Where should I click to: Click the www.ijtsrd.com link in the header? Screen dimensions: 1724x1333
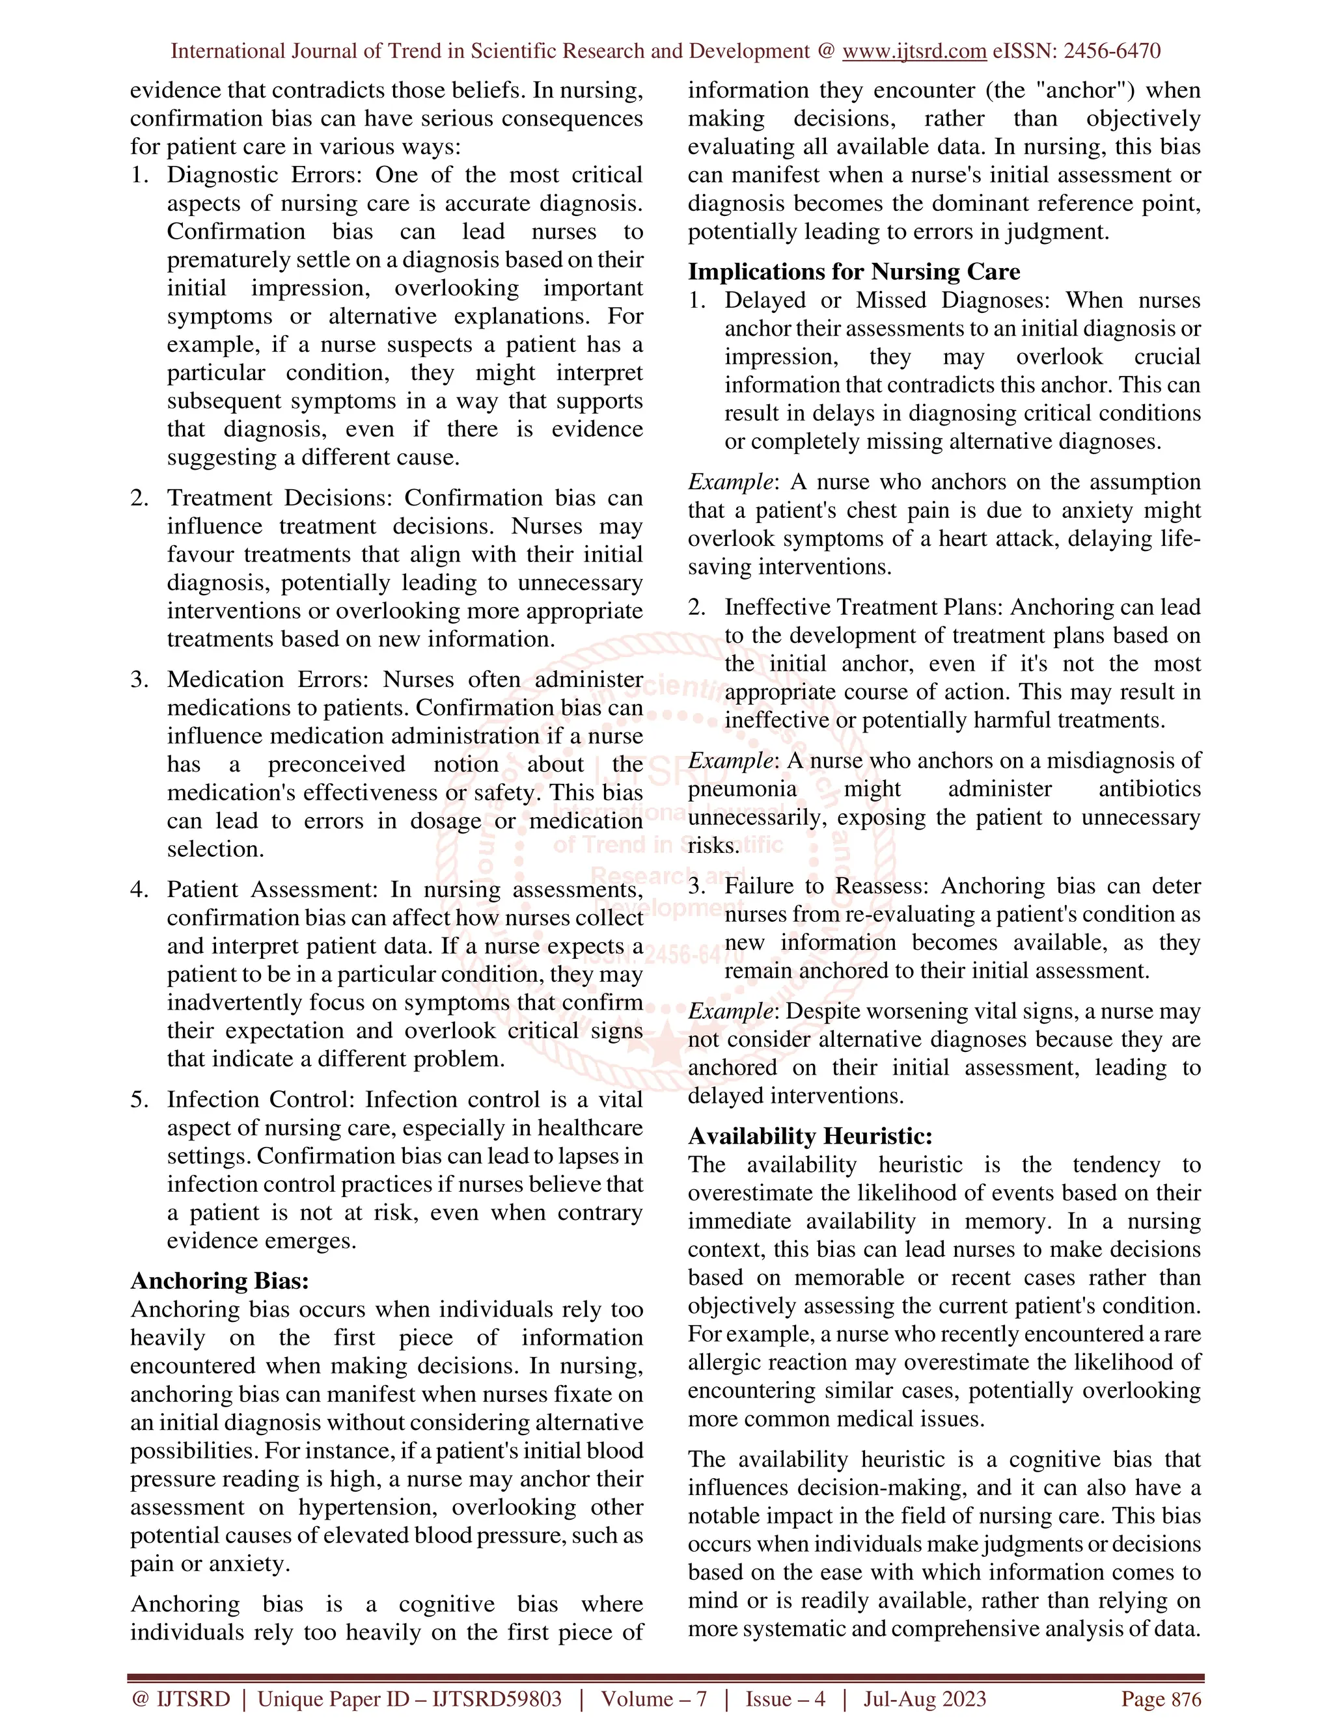point(914,51)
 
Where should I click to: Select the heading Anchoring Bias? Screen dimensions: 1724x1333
point(219,1280)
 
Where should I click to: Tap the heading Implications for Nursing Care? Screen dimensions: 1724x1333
point(854,271)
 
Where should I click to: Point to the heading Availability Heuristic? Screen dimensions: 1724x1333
point(810,1136)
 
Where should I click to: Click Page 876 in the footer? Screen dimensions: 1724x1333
point(1161,1699)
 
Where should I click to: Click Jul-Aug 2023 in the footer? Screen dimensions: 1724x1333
point(925,1699)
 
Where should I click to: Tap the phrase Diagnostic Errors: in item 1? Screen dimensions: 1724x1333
point(266,174)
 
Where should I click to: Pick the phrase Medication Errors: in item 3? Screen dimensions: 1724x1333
point(269,680)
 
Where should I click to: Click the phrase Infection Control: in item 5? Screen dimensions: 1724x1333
point(262,1099)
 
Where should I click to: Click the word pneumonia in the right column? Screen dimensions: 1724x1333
point(742,788)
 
